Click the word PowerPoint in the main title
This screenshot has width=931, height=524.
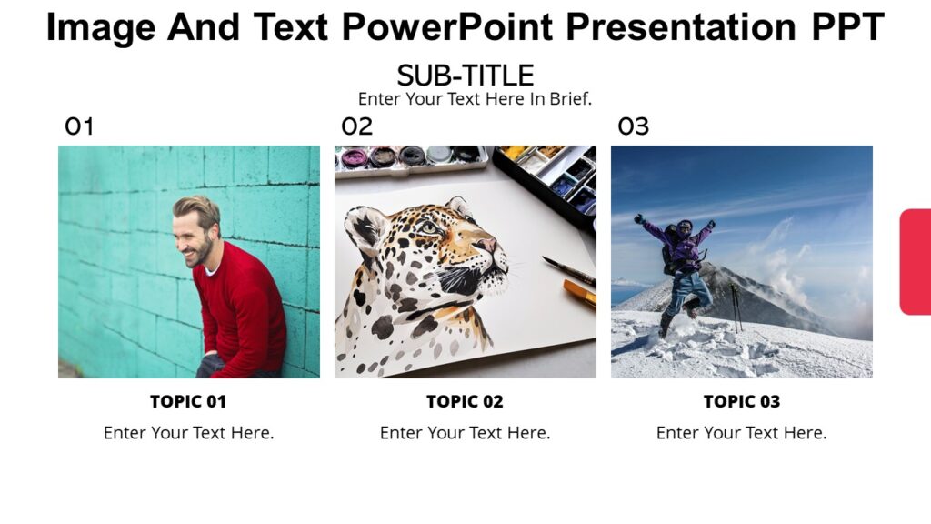(447, 27)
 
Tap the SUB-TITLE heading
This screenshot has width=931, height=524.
(465, 76)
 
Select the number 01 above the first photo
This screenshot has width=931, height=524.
(79, 126)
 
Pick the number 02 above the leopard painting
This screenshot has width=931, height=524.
(356, 126)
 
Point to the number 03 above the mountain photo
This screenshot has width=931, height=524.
(634, 126)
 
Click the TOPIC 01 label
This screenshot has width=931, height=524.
(188, 401)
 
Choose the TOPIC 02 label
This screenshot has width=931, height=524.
(465, 401)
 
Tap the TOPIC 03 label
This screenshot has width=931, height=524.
(742, 401)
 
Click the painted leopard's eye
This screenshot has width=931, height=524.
(428, 227)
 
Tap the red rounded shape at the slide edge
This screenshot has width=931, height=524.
(916, 262)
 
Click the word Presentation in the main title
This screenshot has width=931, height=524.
(680, 27)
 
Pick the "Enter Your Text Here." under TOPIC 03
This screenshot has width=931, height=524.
(742, 433)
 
